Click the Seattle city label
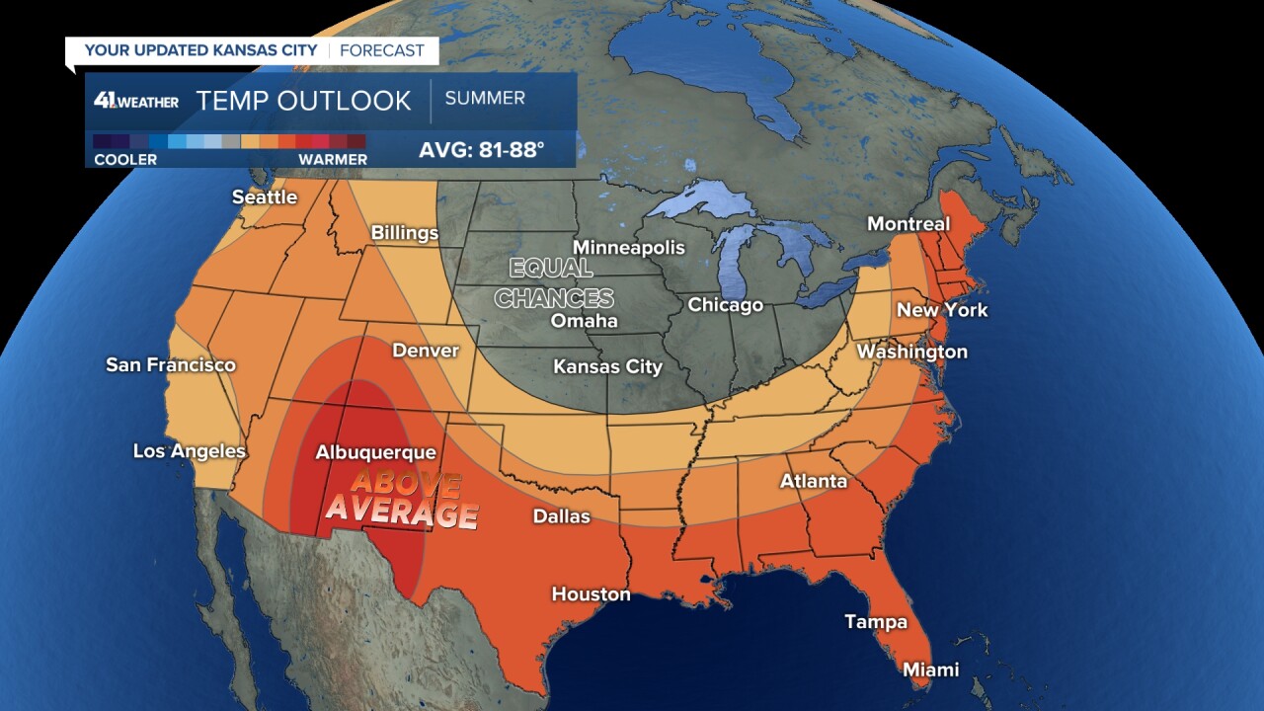[x=264, y=197]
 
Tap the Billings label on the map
[x=404, y=233]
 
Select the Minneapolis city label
[x=629, y=247]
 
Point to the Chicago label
[x=725, y=305]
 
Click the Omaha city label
[x=584, y=321]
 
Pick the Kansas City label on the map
[x=607, y=366]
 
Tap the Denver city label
[x=426, y=351]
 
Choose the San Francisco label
[x=171, y=365]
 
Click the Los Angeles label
[x=190, y=451]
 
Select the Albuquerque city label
[x=375, y=452]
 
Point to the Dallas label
[x=561, y=515]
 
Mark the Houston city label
[x=591, y=593]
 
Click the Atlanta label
[x=814, y=481]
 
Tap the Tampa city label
[x=875, y=621]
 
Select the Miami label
[x=930, y=670]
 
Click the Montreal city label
[x=908, y=224]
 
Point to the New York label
[x=941, y=310]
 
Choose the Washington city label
[x=911, y=352]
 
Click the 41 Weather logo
[x=136, y=101]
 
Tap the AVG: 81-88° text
[x=482, y=151]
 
